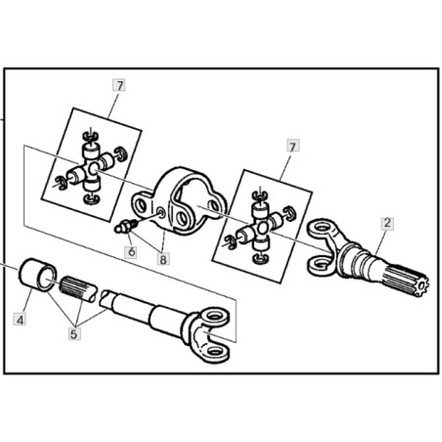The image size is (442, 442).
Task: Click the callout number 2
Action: click(x=387, y=223)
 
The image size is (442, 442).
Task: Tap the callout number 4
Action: click(x=20, y=319)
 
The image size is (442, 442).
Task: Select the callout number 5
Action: click(x=74, y=333)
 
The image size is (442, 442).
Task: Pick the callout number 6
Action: click(x=131, y=251)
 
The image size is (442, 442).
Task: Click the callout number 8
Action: click(x=163, y=259)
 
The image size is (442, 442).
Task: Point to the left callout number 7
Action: click(x=119, y=86)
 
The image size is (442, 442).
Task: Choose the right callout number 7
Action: click(x=293, y=146)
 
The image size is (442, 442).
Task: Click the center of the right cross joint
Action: click(x=262, y=229)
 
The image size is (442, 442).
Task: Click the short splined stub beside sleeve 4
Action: click(x=78, y=288)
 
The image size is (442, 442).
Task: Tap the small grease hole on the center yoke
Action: click(x=161, y=213)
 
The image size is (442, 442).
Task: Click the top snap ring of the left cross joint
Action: click(x=90, y=135)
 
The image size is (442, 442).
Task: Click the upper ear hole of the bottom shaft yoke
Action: click(x=214, y=316)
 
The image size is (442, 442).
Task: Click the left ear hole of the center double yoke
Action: click(x=142, y=205)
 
